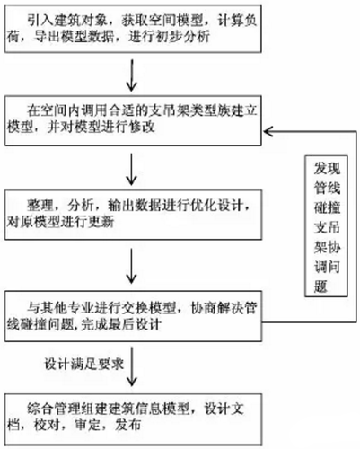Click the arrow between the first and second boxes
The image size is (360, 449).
pos(134,73)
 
